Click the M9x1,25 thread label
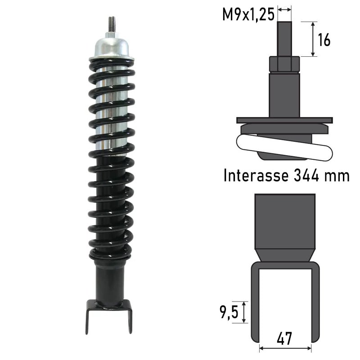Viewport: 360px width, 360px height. tap(248, 14)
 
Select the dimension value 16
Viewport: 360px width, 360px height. tap(324, 40)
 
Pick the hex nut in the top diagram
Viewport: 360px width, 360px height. tap(284, 64)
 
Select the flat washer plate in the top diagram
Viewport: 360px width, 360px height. tap(284, 120)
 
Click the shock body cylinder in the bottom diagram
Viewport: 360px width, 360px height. tap(284, 220)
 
